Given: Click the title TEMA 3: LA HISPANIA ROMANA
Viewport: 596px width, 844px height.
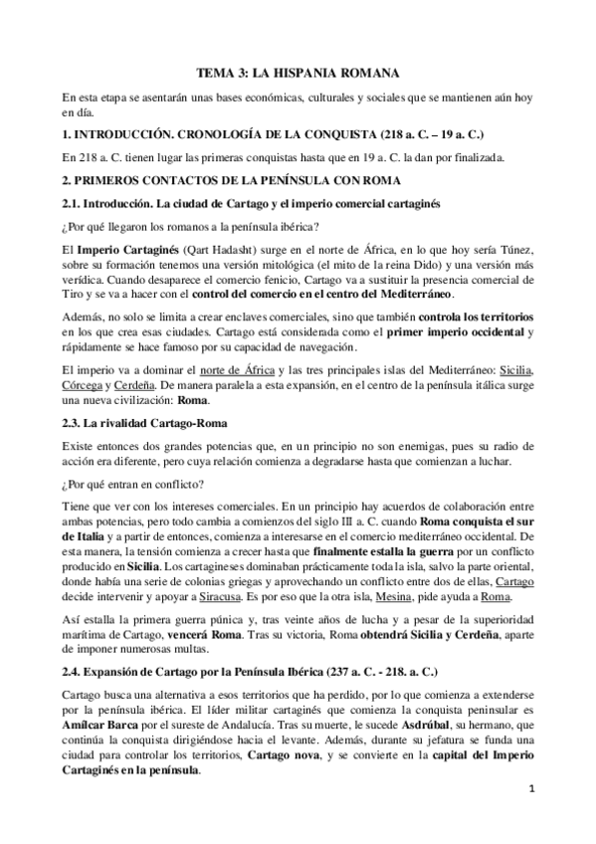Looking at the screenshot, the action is point(298,73).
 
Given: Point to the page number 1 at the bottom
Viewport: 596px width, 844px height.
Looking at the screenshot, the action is point(531,817).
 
